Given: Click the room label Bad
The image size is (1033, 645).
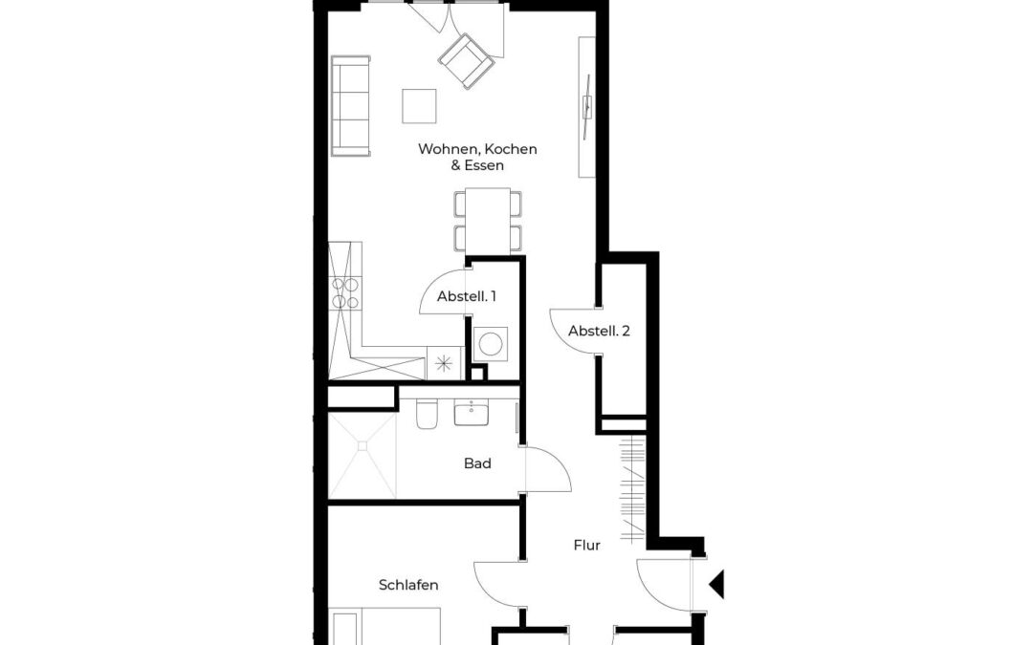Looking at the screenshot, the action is click(x=477, y=463).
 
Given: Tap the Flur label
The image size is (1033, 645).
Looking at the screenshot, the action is click(x=586, y=545).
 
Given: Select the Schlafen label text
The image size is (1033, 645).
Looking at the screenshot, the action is click(x=408, y=585).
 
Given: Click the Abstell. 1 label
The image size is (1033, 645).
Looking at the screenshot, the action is click(x=467, y=296).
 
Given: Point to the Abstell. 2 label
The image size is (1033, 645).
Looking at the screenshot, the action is click(x=599, y=331).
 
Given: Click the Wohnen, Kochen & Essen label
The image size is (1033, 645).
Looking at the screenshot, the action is click(x=477, y=157).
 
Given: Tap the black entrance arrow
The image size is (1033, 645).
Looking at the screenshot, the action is click(x=716, y=585).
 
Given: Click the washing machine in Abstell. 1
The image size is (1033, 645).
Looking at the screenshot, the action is click(x=490, y=343).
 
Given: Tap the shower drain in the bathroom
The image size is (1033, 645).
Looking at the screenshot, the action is click(x=362, y=445).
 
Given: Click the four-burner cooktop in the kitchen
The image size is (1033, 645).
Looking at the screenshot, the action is click(x=345, y=293).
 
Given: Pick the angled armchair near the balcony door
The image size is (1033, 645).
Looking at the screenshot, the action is click(x=467, y=60).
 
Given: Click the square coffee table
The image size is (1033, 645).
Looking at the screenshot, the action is click(x=419, y=106).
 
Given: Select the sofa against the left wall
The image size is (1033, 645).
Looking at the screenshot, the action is click(x=350, y=106).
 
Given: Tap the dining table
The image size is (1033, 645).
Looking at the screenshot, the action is click(x=488, y=221).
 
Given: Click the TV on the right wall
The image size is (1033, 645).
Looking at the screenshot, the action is click(x=586, y=106).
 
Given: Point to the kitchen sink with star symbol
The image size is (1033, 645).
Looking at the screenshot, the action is click(x=444, y=363).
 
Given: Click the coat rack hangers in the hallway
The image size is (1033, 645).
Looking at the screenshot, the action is click(x=632, y=488).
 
